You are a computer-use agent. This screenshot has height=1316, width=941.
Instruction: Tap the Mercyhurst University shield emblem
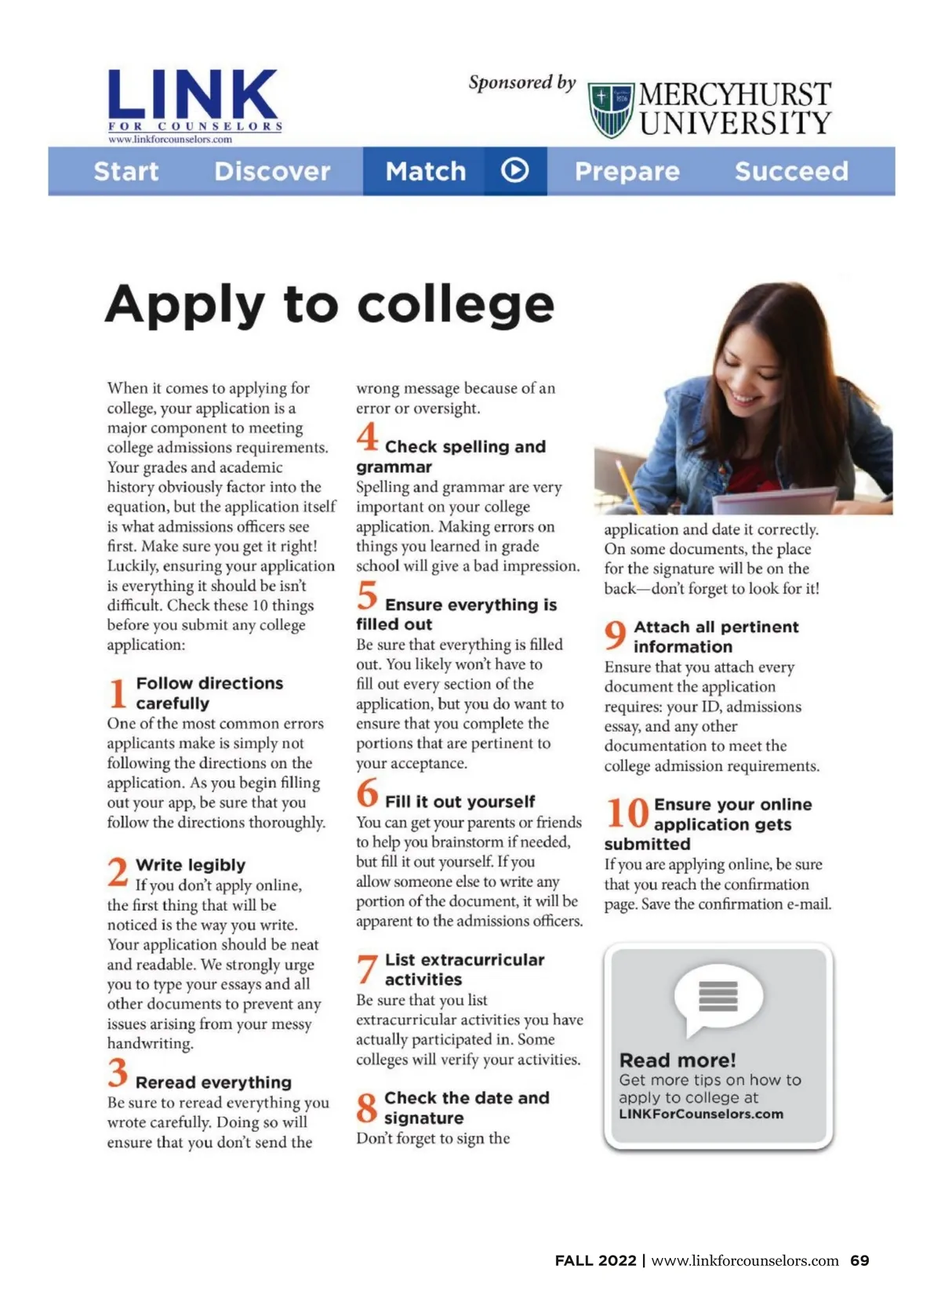pyautogui.click(x=611, y=109)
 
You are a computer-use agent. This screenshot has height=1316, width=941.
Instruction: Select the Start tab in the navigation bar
pyautogui.click(x=126, y=171)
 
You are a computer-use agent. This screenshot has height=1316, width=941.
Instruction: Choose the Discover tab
pyautogui.click(x=272, y=171)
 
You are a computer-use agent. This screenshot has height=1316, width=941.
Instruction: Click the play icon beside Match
pyautogui.click(x=514, y=170)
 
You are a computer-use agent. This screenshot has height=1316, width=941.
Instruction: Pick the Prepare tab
pyautogui.click(x=627, y=171)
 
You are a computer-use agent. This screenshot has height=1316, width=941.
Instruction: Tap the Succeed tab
pyautogui.click(x=791, y=171)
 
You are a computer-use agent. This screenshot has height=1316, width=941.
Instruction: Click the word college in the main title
pyautogui.click(x=456, y=304)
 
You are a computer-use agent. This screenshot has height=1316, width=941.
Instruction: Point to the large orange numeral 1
pyautogui.click(x=118, y=694)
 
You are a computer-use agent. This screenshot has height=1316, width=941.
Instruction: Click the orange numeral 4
pyautogui.click(x=367, y=438)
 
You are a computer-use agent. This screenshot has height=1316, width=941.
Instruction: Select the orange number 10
pyautogui.click(x=627, y=813)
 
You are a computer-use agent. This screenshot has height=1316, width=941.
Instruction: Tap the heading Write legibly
pyautogui.click(x=191, y=864)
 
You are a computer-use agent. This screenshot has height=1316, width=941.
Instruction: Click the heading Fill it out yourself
pyautogui.click(x=460, y=802)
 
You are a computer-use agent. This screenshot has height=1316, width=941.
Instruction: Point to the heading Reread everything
pyautogui.click(x=213, y=1082)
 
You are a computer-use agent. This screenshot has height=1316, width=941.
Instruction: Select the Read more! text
pyautogui.click(x=678, y=1060)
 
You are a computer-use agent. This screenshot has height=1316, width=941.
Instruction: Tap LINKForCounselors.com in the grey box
pyautogui.click(x=701, y=1114)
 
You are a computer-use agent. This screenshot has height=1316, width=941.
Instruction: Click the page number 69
pyautogui.click(x=859, y=1260)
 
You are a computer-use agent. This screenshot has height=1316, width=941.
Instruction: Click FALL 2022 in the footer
pyautogui.click(x=595, y=1260)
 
